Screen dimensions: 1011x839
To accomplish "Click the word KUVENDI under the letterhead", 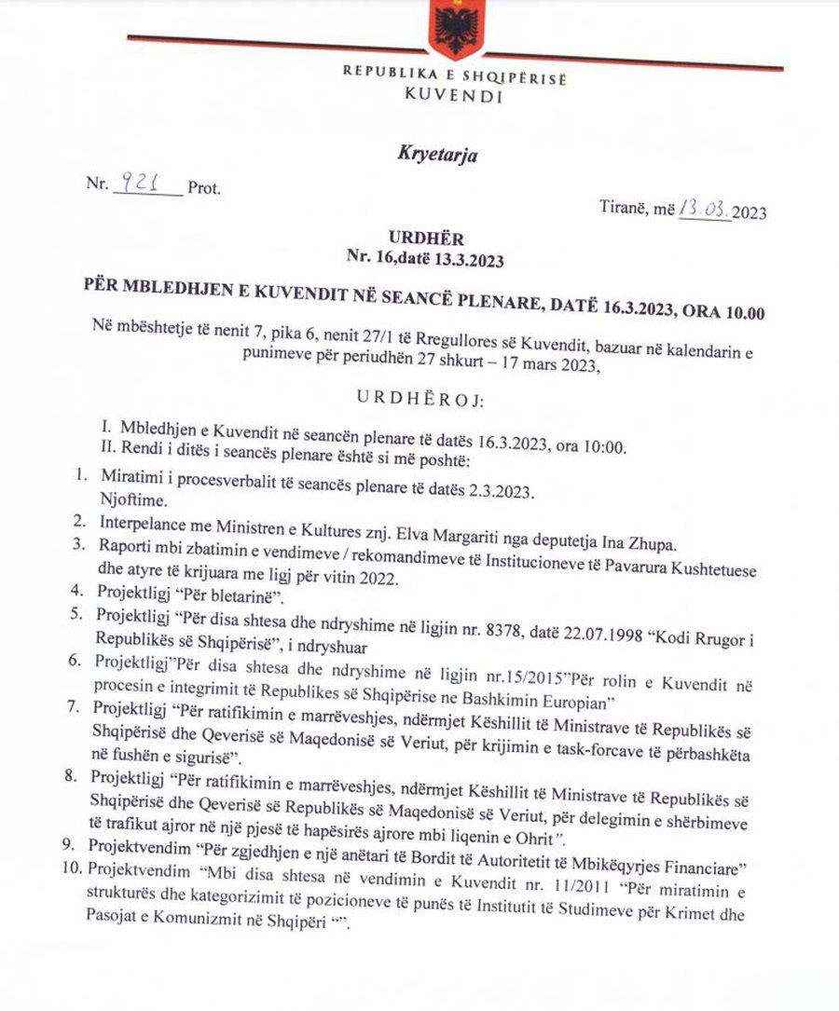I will tap(454, 95).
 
